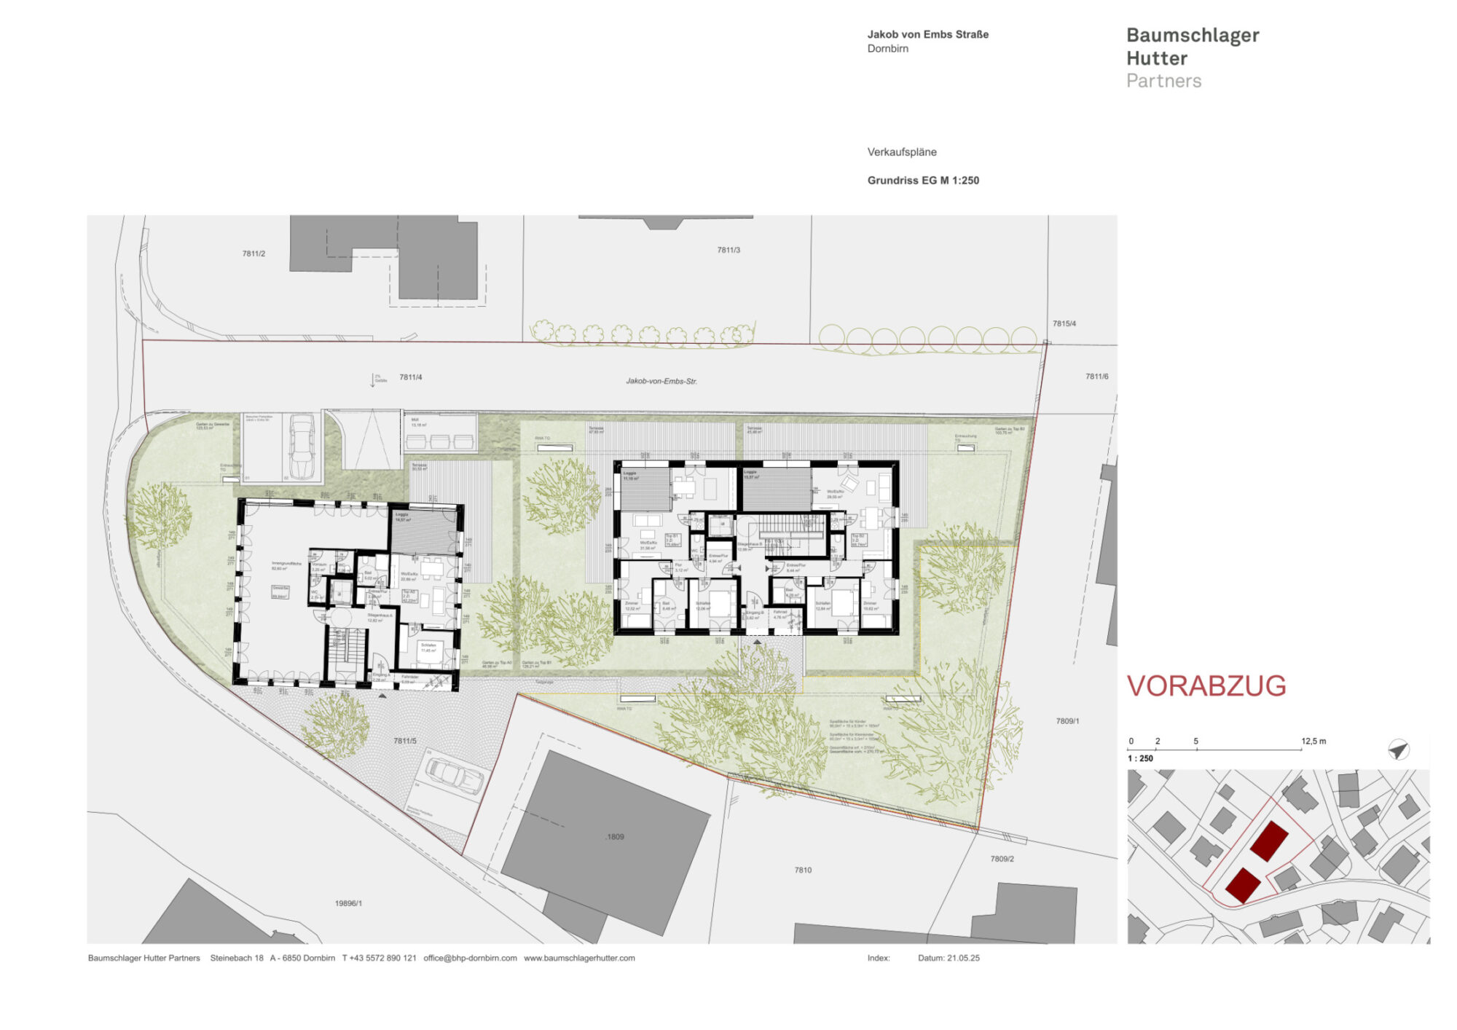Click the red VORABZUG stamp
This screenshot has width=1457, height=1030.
(1206, 686)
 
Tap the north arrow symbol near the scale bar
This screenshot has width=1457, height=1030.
(1398, 750)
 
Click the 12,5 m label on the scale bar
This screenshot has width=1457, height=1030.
(1313, 741)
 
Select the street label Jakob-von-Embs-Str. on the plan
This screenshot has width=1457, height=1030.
(661, 381)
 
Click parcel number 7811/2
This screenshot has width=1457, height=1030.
(254, 253)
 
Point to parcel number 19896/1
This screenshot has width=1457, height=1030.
(348, 903)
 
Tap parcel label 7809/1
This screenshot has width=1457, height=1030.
(1067, 721)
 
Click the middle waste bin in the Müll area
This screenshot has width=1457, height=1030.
(440, 441)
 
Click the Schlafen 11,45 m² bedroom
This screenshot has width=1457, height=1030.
(428, 650)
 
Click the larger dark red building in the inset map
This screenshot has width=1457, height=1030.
(1270, 841)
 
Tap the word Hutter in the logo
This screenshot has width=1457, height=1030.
(1157, 58)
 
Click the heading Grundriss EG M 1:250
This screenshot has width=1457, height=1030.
(923, 181)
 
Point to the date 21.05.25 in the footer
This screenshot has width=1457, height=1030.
(963, 958)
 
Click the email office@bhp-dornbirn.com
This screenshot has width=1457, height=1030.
(470, 958)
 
